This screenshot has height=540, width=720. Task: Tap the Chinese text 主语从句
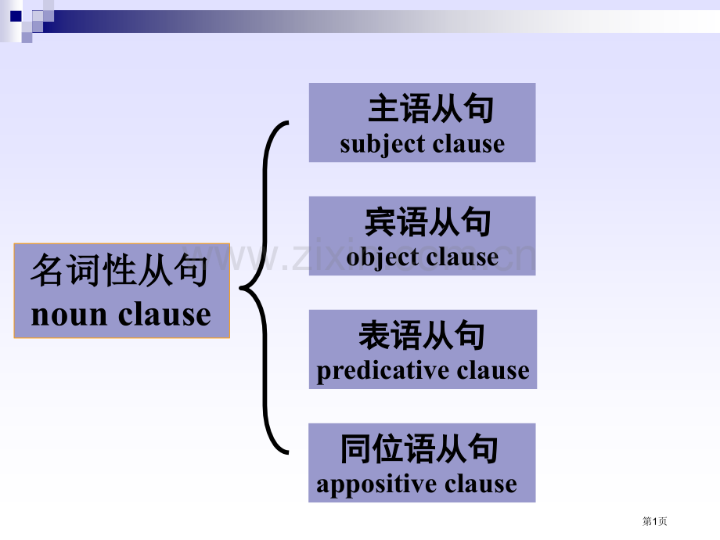tap(430, 109)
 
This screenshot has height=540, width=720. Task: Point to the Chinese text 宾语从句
tap(427, 221)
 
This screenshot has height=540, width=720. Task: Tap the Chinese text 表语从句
tap(422, 335)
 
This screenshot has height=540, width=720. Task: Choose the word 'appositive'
tap(376, 484)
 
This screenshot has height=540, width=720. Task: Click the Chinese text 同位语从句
tap(419, 448)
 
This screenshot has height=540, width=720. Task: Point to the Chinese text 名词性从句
tap(120, 270)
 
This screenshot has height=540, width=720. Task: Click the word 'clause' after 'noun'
tap(164, 314)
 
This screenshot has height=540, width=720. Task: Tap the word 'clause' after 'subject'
tap(468, 143)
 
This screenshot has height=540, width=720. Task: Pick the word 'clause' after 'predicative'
tap(493, 370)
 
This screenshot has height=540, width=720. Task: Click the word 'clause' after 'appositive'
tap(481, 484)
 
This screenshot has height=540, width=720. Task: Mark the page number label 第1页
tap(654, 521)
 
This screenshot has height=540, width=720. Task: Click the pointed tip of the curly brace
tap(240, 288)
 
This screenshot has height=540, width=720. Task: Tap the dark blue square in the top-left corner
tap(16, 16)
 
